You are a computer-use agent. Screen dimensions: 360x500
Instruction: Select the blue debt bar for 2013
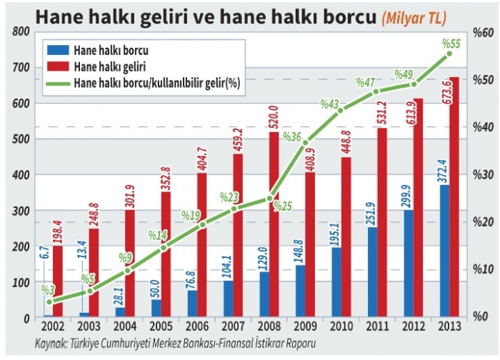pos(444,250)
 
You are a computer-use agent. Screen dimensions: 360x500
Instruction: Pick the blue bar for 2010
pos(335,282)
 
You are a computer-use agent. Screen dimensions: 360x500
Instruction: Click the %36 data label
pos(291,136)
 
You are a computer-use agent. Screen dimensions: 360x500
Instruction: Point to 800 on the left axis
pos(20,32)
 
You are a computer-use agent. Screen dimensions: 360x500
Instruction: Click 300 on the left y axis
pos(20,211)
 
